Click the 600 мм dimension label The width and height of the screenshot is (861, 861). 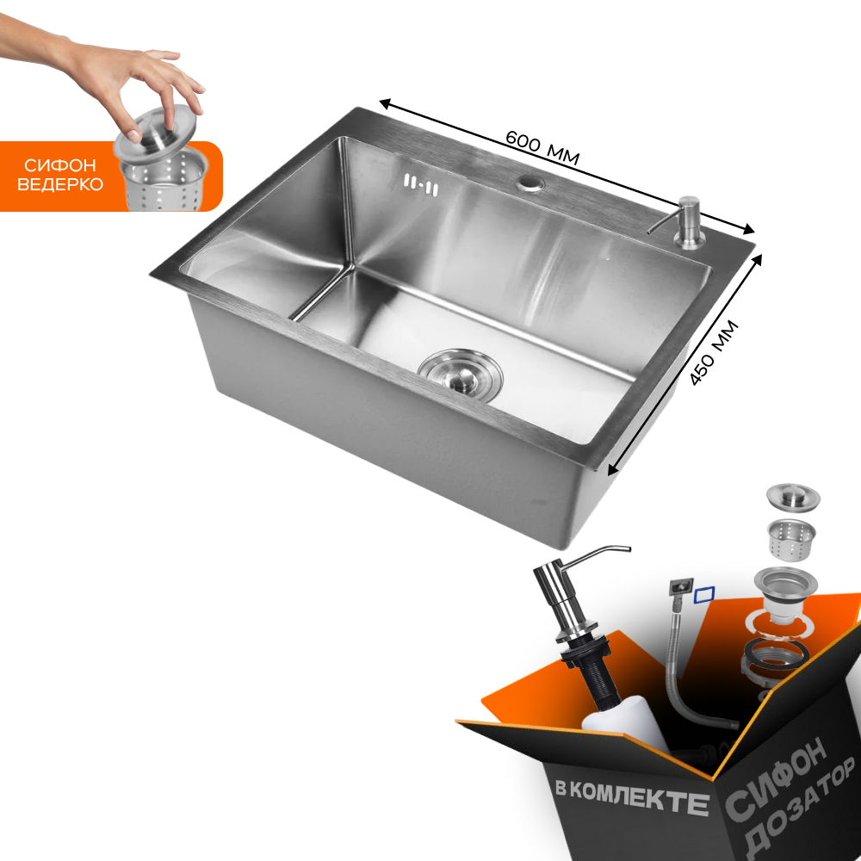coord(542,148)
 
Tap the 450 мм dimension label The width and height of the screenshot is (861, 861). coord(714,352)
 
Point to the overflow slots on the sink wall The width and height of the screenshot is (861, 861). coord(421,184)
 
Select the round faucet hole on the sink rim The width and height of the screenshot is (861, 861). coord(530,183)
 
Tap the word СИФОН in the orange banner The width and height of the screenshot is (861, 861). coord(60,165)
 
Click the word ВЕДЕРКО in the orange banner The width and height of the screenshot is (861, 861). coord(60,184)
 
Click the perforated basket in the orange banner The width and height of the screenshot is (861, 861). coord(164,180)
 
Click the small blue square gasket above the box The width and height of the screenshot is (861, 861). coord(704,595)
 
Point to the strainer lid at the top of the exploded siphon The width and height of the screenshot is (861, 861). coord(793,497)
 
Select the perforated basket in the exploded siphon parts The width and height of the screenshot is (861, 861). coord(790,539)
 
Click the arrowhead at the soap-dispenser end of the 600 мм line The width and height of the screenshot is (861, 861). coord(747,229)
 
